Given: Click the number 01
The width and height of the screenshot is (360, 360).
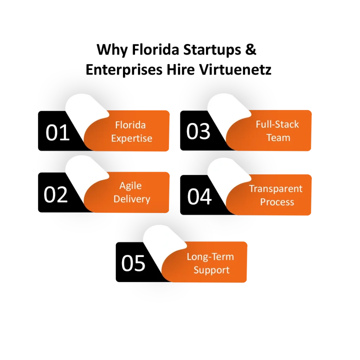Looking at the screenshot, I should click(58, 133).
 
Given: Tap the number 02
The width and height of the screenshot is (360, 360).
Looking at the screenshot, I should click(56, 194).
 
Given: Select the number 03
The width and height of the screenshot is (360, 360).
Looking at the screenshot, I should click(198, 131).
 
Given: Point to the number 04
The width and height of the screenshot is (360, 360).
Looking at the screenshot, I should click(199, 197).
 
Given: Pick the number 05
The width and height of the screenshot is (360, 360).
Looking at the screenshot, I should click(133, 263).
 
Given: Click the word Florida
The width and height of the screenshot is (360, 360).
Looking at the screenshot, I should click(130, 125).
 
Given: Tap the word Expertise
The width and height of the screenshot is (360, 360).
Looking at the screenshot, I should click(132, 138).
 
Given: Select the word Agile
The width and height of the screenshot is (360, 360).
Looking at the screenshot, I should click(130, 186).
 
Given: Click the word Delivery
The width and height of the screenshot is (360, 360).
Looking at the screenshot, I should click(132, 199).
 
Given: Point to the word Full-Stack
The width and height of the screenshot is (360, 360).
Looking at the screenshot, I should click(277, 124).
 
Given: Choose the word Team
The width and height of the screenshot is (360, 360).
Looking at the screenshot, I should click(278, 137).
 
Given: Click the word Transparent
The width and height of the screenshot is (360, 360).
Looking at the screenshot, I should click(276, 189).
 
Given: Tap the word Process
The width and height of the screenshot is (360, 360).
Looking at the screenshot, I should click(277, 202).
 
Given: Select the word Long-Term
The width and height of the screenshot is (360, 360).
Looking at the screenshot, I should click(210, 257).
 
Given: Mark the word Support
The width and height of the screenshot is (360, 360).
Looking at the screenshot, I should click(211, 270).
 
